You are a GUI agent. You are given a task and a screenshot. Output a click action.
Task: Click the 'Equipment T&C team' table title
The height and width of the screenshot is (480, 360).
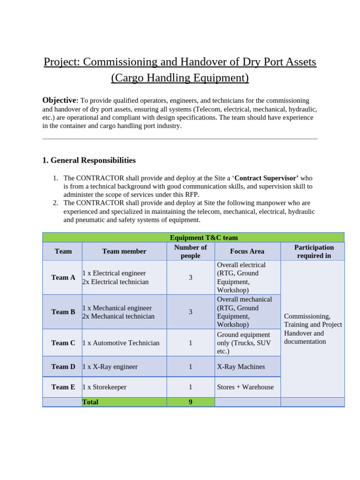point(203,238)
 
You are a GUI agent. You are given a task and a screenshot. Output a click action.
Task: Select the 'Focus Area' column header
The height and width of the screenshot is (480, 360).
point(247,251)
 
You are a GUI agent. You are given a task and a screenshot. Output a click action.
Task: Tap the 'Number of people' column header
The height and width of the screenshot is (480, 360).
point(190,251)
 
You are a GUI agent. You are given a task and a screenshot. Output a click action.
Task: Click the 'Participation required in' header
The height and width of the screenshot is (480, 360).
point(314,251)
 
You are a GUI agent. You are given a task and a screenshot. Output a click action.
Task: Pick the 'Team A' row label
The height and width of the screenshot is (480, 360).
point(63,277)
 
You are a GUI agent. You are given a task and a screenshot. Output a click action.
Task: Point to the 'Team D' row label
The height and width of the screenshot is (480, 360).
point(63,367)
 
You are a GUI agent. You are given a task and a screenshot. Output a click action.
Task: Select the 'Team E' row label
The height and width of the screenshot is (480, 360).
point(63,387)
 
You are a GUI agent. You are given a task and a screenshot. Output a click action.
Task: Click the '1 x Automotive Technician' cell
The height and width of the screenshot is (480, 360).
point(121,343)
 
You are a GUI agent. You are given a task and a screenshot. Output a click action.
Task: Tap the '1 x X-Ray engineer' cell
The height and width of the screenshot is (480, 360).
point(110,367)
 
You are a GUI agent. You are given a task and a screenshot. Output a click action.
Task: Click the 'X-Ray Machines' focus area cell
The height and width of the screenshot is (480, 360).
point(241,367)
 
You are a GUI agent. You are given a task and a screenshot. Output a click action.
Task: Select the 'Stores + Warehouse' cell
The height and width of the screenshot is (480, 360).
point(245,387)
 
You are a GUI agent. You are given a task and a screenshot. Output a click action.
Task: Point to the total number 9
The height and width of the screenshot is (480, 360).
point(190,402)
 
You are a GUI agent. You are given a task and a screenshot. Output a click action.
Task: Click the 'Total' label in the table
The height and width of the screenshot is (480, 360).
point(90,402)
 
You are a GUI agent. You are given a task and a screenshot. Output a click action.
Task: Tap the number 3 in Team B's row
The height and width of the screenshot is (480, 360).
point(190,312)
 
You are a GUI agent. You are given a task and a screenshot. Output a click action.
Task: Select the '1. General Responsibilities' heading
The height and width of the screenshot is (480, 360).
point(89,160)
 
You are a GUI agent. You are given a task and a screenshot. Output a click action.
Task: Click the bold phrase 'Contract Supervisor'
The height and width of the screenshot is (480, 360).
point(266,178)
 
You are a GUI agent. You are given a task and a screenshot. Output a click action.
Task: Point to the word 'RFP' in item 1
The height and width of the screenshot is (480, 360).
point(191,195)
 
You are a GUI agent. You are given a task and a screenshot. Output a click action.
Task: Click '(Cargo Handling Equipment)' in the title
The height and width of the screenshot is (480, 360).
point(180,78)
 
